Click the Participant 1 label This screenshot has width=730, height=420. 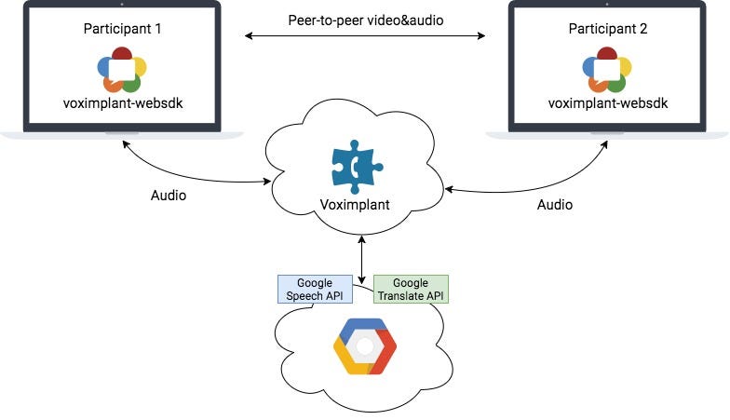click(x=122, y=29)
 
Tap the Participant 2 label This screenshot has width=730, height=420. click(x=607, y=29)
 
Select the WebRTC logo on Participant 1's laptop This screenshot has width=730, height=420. click(x=122, y=68)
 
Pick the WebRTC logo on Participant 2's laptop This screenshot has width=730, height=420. click(x=607, y=68)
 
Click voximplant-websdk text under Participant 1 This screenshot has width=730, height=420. click(x=122, y=102)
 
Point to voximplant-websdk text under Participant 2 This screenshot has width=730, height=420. click(x=607, y=102)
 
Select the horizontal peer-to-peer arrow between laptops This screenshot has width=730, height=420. click(x=365, y=37)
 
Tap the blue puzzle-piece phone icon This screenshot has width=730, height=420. click(x=357, y=165)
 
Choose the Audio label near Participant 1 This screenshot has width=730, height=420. click(x=169, y=196)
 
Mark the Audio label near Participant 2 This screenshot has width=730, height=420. click(x=555, y=204)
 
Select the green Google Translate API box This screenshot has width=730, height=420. click(x=411, y=290)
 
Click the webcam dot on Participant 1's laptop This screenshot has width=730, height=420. click(x=122, y=6)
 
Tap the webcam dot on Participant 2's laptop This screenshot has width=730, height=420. click(x=607, y=6)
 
